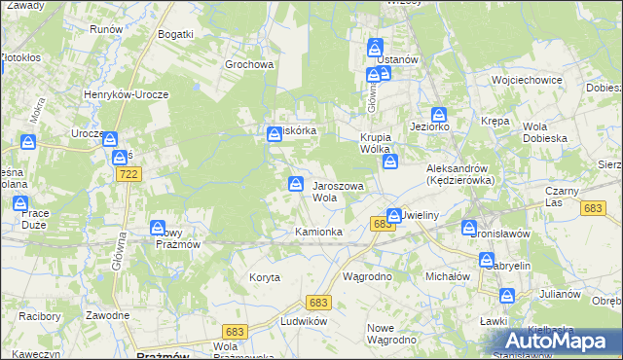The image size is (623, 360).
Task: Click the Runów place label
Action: click(105, 29)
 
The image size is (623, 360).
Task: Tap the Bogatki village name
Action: click(175, 34)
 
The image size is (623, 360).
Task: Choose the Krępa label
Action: click(495, 120)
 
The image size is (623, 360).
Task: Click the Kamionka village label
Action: click(318, 232)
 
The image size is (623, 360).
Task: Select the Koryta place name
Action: click(264, 277)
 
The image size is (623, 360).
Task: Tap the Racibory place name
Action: click(38, 316)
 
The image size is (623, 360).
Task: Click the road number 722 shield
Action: click(127, 173)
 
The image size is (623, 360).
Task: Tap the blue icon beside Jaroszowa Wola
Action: click(294, 183)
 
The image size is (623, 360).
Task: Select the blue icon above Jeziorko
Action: click(439, 114)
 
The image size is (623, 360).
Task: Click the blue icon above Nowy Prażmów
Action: click(158, 228)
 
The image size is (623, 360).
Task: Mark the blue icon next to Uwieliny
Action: click(393, 215)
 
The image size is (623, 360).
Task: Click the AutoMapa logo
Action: click(556, 342)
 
